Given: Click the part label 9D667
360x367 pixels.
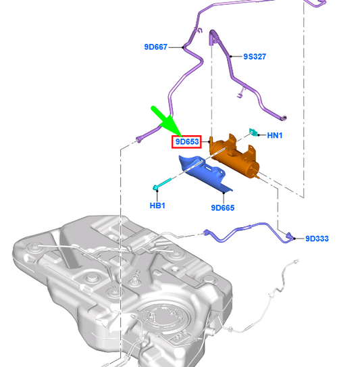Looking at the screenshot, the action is click(156, 47).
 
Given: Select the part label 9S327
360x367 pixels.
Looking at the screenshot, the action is click(255, 57).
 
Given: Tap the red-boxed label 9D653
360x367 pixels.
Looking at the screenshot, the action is click(186, 142).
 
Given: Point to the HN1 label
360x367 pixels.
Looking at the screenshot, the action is click(275, 135).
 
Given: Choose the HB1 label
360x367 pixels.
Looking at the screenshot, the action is click(157, 205).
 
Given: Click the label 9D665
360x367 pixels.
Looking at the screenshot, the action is click(222, 208).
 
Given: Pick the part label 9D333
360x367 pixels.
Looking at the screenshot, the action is click(317, 239).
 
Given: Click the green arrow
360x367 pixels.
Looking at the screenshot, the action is click(166, 121).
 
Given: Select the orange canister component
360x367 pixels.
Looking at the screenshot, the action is click(234, 155).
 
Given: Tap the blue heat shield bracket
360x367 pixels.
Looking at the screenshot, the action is click(205, 173).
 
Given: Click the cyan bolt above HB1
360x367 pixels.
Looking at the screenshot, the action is click(162, 184).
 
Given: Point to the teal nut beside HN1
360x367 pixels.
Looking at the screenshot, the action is click(253, 132).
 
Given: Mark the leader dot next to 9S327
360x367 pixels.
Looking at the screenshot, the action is click(231, 56).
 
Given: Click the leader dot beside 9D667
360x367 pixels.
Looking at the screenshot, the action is click(182, 47).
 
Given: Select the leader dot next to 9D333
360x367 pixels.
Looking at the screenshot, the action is click(294, 239).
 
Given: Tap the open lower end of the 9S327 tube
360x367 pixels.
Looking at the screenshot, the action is click(284, 118).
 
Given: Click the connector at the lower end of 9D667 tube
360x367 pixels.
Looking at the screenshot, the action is click(138, 139).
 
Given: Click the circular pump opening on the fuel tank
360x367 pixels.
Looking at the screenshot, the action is click(164, 318).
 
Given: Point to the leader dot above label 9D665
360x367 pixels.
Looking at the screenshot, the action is click(224, 193).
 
